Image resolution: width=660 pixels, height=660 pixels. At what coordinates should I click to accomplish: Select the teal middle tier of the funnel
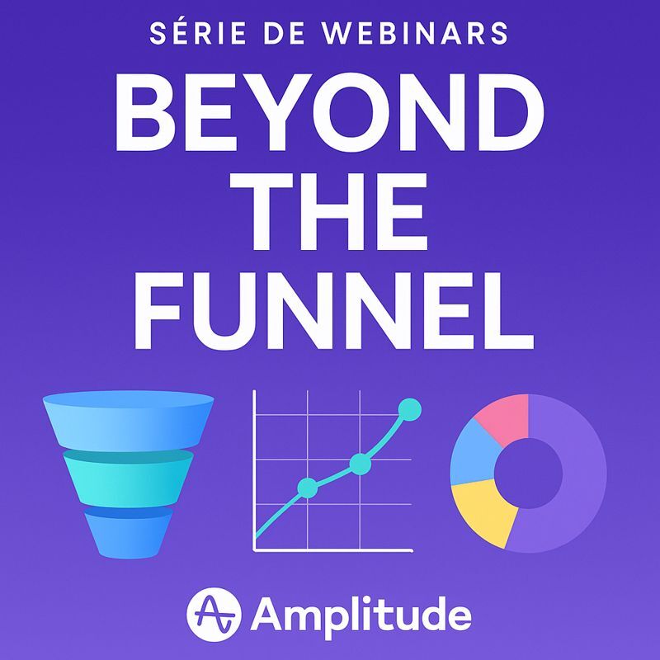[x=128, y=477]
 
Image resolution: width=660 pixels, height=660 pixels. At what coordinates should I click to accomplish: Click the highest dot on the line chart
[x=409, y=408]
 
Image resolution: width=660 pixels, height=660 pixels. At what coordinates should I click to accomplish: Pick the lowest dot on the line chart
[x=306, y=488]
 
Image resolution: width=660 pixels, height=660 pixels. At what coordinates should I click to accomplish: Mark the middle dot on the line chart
[x=359, y=464]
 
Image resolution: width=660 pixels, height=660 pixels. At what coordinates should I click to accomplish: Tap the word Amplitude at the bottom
[x=361, y=615]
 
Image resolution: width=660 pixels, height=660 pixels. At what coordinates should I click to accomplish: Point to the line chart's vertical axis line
[x=255, y=470]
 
